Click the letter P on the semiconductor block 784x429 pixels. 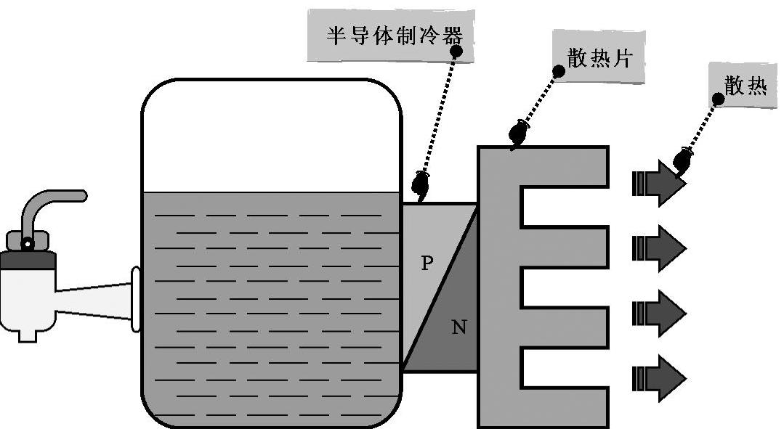[427, 263]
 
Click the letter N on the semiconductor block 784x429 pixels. [458, 327]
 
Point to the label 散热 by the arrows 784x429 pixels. [745, 86]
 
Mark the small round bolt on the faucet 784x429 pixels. [28, 243]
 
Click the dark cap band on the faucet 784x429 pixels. [28, 258]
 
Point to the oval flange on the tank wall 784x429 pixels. [135, 299]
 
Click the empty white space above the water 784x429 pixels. [270, 138]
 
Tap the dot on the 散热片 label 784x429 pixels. [559, 71]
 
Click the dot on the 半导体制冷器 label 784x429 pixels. [456, 52]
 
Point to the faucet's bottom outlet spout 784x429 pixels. [28, 335]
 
